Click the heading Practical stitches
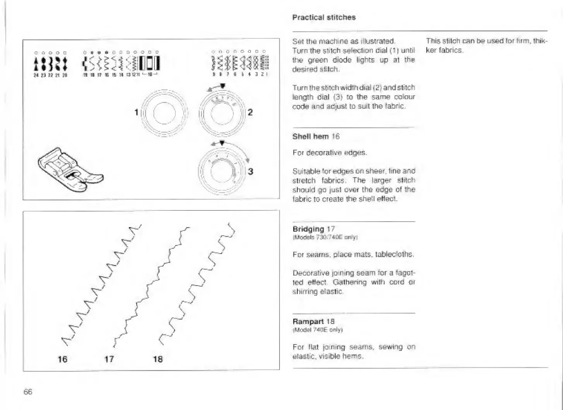pyautogui.click(x=324, y=17)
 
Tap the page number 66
pyautogui.click(x=28, y=392)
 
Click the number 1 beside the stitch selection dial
pyautogui.click(x=136, y=112)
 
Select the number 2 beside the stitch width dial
pyautogui.click(x=250, y=112)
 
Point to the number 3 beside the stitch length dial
pyautogui.click(x=251, y=171)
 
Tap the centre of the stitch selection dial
pyautogui.click(x=165, y=113)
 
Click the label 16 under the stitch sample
pyautogui.click(x=62, y=359)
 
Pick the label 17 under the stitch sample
pyautogui.click(x=109, y=359)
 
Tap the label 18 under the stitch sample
pyautogui.click(x=158, y=359)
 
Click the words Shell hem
pyautogui.click(x=311, y=136)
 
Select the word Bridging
pyautogui.click(x=308, y=229)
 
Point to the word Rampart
pyautogui.click(x=308, y=321)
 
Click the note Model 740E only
pyautogui.click(x=318, y=330)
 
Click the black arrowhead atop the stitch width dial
pyautogui.click(x=223, y=86)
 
